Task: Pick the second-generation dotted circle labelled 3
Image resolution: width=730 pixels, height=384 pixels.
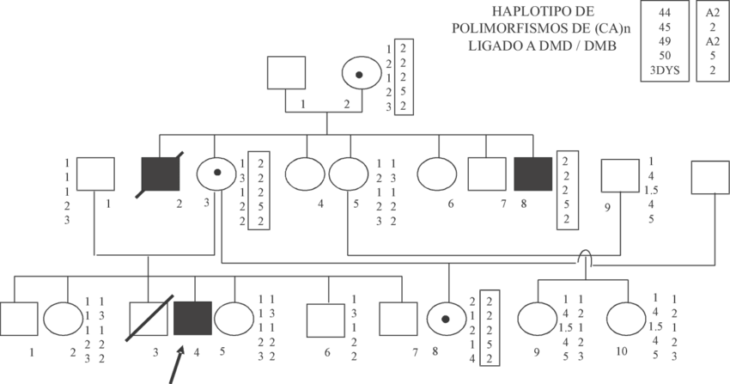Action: click(217, 174)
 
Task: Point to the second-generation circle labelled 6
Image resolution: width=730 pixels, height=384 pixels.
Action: click(436, 174)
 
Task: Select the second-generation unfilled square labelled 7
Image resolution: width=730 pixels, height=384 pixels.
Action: click(485, 174)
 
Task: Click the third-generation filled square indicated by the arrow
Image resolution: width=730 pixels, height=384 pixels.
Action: click(191, 320)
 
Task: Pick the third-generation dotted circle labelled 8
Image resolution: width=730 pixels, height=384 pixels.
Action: click(447, 320)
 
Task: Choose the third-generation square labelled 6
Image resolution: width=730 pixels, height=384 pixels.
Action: click(326, 320)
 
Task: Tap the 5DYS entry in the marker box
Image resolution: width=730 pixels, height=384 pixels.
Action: click(664, 70)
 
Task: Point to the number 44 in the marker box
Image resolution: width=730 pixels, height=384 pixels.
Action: click(664, 13)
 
